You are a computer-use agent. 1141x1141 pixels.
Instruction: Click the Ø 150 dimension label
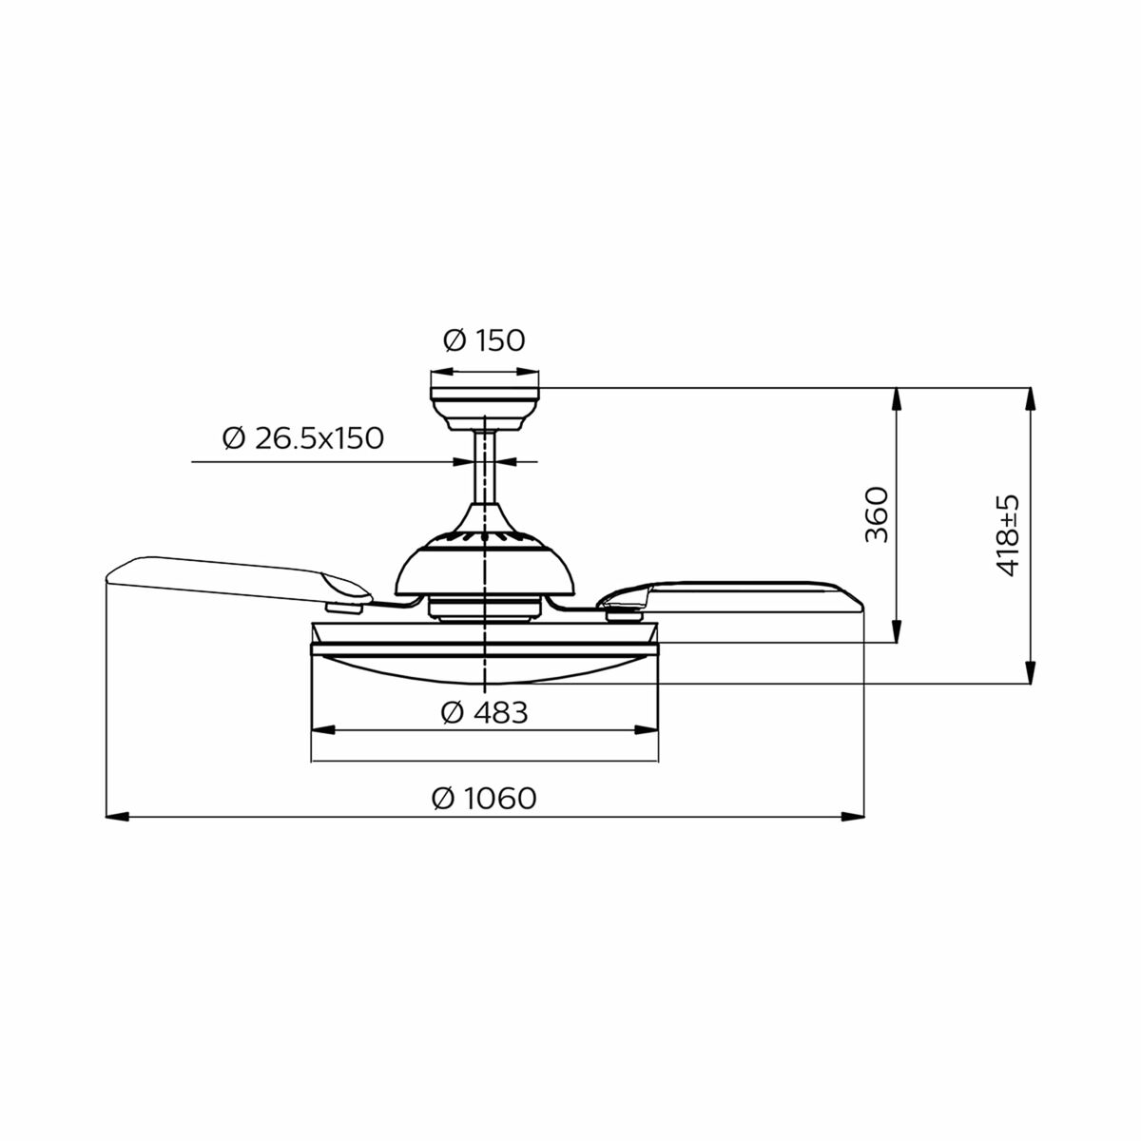484,340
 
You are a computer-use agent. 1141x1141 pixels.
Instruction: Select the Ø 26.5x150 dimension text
302,438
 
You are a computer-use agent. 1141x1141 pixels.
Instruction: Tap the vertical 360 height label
876,514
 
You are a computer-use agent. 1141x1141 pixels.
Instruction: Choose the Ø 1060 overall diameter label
484,798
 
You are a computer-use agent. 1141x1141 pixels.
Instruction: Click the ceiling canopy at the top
485,404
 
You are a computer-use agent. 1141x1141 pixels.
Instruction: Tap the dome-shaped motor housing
485,566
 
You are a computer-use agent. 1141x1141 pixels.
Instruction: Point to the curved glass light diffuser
485,668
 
